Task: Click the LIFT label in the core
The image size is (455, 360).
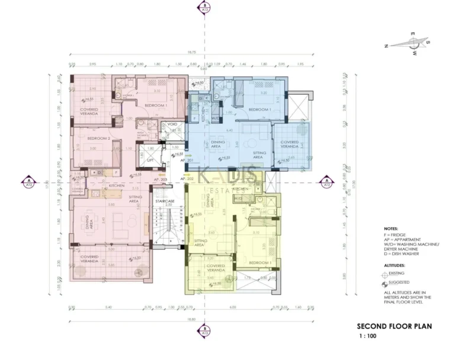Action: (x=150, y=160)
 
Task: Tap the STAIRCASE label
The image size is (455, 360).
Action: (x=165, y=201)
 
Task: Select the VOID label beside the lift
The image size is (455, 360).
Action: (x=172, y=124)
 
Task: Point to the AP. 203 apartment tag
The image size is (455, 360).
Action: (x=159, y=178)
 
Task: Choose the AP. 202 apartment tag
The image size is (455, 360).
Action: (x=187, y=178)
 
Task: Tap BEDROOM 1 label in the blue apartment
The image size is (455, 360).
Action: (x=259, y=110)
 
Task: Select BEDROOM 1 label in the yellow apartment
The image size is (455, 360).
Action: (x=261, y=261)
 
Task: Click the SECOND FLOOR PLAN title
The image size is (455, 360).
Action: (x=394, y=326)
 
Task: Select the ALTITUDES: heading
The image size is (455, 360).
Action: (x=394, y=266)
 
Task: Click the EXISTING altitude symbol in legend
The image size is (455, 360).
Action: (x=387, y=275)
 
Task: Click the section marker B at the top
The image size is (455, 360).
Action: (x=204, y=8)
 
